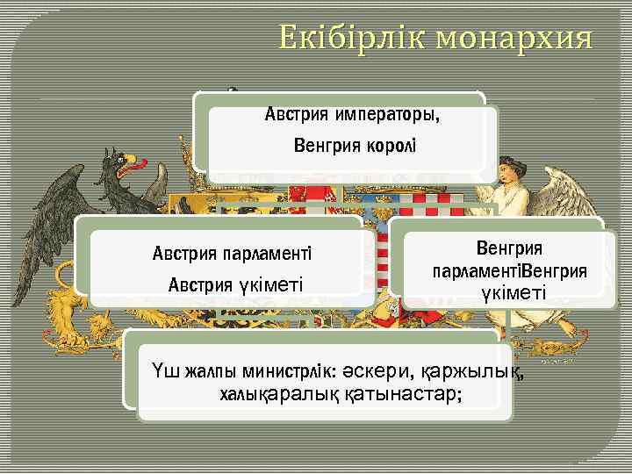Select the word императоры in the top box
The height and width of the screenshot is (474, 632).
386,114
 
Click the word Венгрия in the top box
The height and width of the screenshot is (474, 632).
323,144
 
